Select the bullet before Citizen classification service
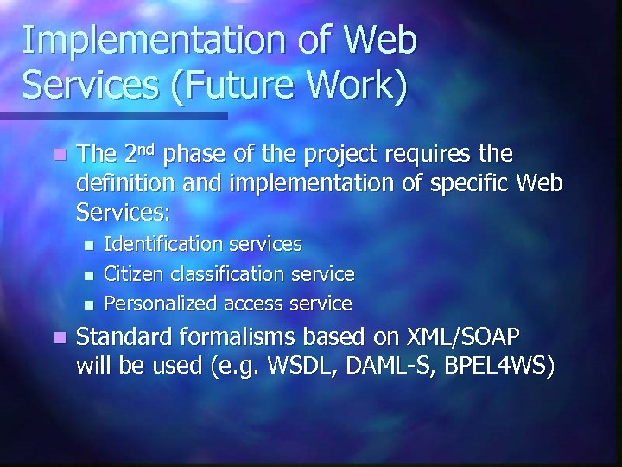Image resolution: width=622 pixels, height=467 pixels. coord(88,275)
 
